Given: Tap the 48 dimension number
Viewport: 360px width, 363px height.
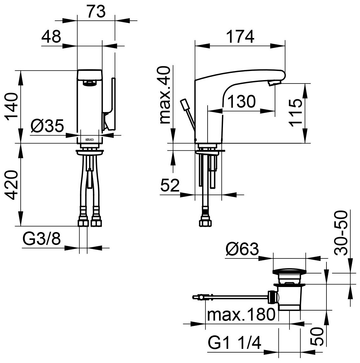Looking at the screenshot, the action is pos(51,36).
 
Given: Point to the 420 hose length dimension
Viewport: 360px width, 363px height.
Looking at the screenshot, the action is pos(12,185).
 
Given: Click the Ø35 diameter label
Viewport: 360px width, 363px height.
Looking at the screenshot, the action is pos(47,126).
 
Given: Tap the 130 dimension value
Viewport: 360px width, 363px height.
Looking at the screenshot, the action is pos(241,101).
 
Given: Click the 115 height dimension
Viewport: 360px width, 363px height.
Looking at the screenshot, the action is pos(296,112).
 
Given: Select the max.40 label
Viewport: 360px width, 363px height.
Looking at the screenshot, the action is pos(165,95).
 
